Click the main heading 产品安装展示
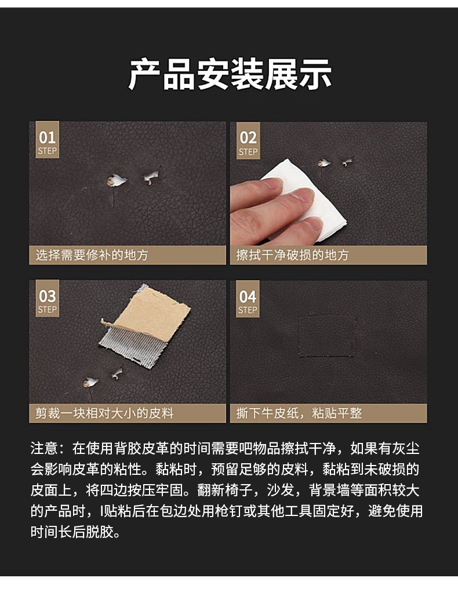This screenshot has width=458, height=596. pyautogui.click(x=230, y=74)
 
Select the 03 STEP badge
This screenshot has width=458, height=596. pyautogui.click(x=47, y=301)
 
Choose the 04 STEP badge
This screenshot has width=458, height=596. pyautogui.click(x=248, y=301)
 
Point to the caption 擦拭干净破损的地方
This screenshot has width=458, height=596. pyautogui.click(x=292, y=255)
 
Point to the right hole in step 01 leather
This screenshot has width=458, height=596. pyautogui.click(x=152, y=176)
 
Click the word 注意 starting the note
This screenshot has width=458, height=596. pyautogui.click(x=44, y=448)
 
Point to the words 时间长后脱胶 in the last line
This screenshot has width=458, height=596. pyautogui.click(x=75, y=532)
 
